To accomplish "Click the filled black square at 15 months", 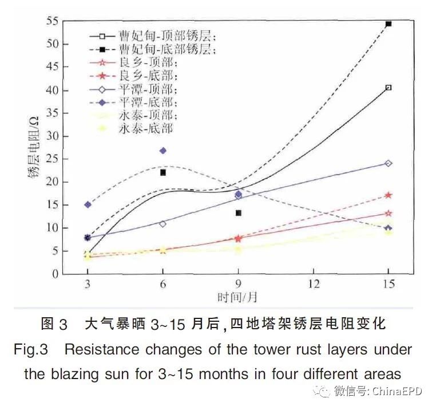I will [389, 23].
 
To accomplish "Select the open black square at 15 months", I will [389, 88].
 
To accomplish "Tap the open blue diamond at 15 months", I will [389, 163].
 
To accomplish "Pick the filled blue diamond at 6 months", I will [162, 151].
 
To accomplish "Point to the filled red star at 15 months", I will [389, 195].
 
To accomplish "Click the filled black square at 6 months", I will [162, 172].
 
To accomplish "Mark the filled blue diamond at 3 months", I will [88, 204].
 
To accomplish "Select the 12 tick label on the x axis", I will [313, 285].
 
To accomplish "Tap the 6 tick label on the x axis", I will [162, 285].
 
